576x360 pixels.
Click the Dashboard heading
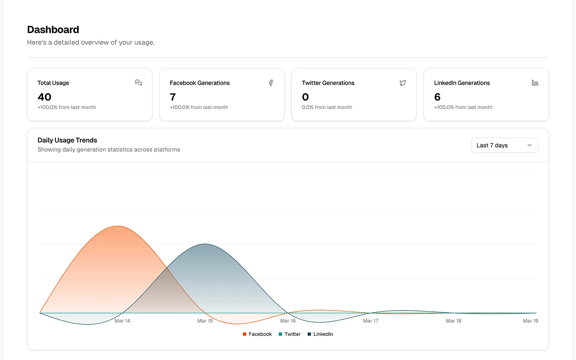(53, 30)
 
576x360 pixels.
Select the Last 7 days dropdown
(504, 145)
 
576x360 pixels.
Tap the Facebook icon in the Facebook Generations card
(271, 83)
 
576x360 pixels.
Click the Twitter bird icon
(403, 83)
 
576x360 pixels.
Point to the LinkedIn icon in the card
(535, 83)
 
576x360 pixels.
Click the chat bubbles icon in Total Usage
(138, 82)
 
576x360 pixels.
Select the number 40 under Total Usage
(45, 97)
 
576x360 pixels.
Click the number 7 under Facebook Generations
(172, 97)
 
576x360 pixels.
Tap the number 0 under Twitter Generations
(305, 97)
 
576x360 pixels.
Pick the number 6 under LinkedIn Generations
(437, 97)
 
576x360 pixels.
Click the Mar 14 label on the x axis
(122, 321)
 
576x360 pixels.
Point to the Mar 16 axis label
(288, 321)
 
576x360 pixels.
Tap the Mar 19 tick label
(531, 321)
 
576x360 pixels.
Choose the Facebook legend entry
(257, 334)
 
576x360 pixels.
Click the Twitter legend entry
(289, 334)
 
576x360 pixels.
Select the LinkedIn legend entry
(320, 334)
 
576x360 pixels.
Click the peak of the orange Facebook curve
(117, 226)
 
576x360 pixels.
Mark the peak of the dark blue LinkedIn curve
(205, 244)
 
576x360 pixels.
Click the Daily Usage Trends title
(67, 140)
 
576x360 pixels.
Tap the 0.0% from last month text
(327, 107)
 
